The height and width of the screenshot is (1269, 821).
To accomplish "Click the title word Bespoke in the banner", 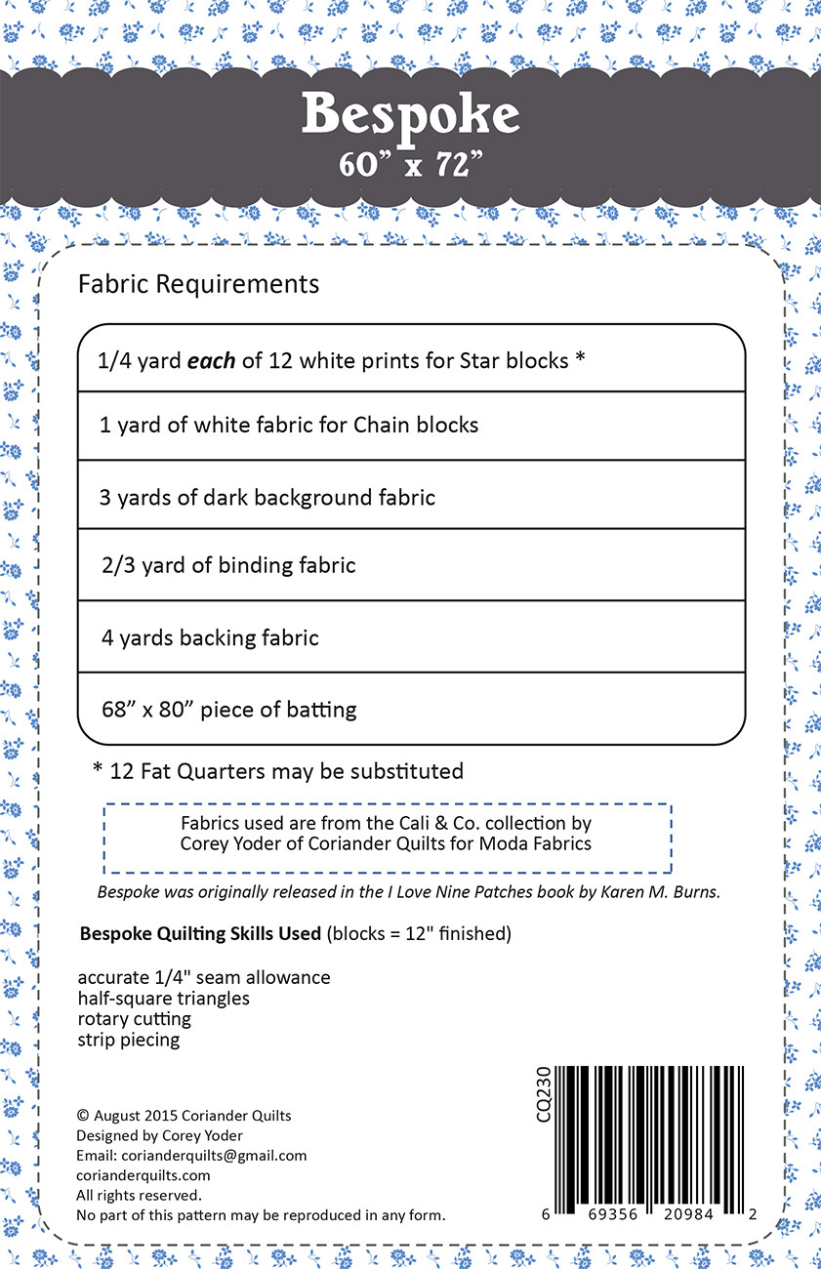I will pos(410,115).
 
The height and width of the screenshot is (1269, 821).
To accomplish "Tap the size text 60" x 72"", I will pos(411,163).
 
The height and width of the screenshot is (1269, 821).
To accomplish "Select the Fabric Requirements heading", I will pos(198,284).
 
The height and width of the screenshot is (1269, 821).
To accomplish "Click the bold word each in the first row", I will pos(212,360).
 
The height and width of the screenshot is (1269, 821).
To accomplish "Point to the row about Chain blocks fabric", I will pos(289,426).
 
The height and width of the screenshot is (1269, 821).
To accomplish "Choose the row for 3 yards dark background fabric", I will pos(267,498).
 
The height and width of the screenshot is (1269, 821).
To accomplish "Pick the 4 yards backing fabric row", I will pos(210,638).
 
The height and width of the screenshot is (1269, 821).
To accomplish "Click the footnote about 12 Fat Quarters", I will pos(278,771).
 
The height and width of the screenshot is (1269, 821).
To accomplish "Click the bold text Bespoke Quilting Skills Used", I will pos(200,934).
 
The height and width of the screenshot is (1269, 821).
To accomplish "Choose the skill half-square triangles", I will pos(163,998).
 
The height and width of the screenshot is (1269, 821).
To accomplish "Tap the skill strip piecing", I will pos(129,1040).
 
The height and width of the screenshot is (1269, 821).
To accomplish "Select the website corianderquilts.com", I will pos(143,1175).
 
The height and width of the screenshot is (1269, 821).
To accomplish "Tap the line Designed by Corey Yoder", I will pos(159,1135).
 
